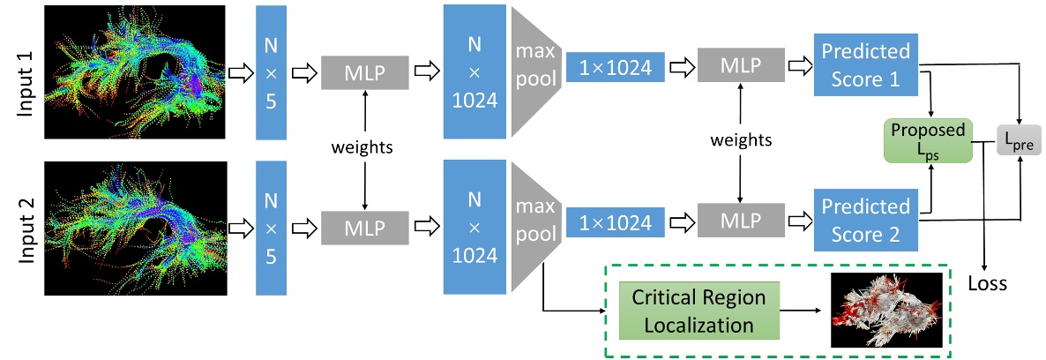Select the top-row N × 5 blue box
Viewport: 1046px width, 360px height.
point(273,71)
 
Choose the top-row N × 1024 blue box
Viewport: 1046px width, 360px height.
point(474,71)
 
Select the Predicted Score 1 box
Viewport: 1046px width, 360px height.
point(865,66)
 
